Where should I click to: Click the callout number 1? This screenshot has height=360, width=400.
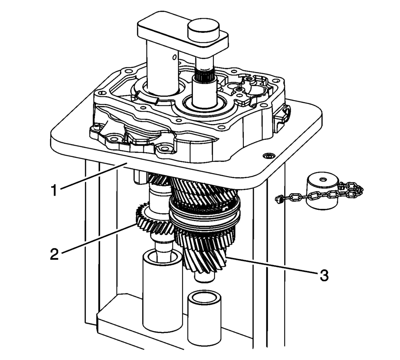tap(54, 190)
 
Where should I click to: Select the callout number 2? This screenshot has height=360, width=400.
tap(54, 254)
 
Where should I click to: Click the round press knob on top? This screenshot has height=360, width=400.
tap(203, 28)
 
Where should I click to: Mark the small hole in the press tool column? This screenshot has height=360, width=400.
tap(175, 57)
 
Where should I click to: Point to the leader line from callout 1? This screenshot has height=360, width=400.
tap(93, 176)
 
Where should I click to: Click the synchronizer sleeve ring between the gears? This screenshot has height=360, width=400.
tap(205, 214)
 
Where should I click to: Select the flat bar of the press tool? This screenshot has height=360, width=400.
tap(182, 33)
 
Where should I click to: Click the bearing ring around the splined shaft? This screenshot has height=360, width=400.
tap(204, 104)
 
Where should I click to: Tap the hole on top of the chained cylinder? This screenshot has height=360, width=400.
tap(323, 179)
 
